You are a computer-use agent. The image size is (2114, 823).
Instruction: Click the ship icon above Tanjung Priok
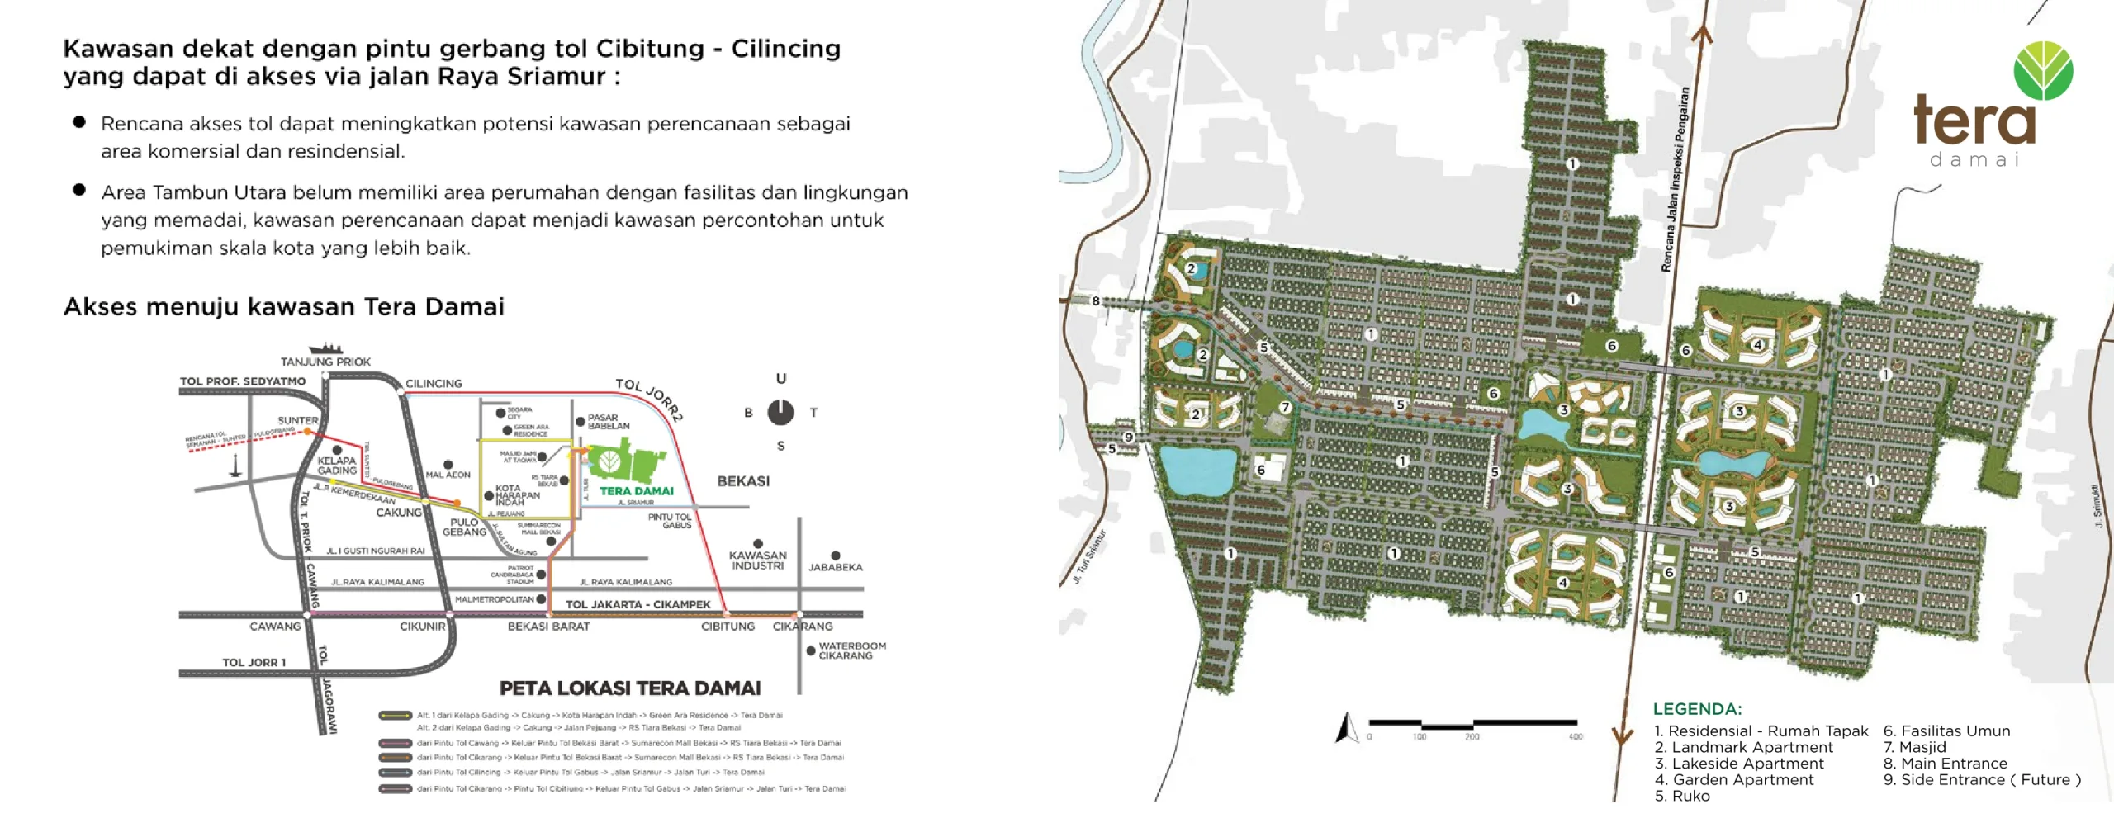click(325, 348)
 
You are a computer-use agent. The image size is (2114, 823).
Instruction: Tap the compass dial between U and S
click(780, 412)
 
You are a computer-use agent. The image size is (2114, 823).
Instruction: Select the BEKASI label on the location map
click(743, 481)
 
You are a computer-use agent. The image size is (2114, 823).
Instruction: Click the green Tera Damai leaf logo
click(2043, 71)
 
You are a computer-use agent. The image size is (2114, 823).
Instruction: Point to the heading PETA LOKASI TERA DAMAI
click(630, 688)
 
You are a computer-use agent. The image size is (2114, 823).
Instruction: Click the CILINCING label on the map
click(434, 384)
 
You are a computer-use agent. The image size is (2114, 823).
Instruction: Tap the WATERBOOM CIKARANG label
click(851, 651)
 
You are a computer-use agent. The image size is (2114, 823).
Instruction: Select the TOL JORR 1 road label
click(254, 662)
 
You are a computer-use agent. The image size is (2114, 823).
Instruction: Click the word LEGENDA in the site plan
click(1697, 709)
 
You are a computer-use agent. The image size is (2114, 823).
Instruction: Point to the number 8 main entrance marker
click(1096, 301)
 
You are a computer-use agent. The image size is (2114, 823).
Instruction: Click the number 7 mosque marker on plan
click(1285, 407)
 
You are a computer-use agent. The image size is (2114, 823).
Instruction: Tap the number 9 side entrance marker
click(1129, 437)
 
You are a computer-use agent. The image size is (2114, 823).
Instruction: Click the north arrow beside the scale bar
click(1347, 727)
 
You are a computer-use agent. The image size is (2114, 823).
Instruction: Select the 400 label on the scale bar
click(1576, 737)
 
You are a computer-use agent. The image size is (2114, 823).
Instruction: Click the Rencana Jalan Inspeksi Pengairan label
click(1676, 180)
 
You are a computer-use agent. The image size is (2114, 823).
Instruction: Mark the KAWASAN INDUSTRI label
click(757, 560)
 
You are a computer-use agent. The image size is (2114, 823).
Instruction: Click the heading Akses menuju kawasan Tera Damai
click(283, 307)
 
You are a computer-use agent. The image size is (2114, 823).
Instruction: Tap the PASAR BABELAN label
click(608, 422)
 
